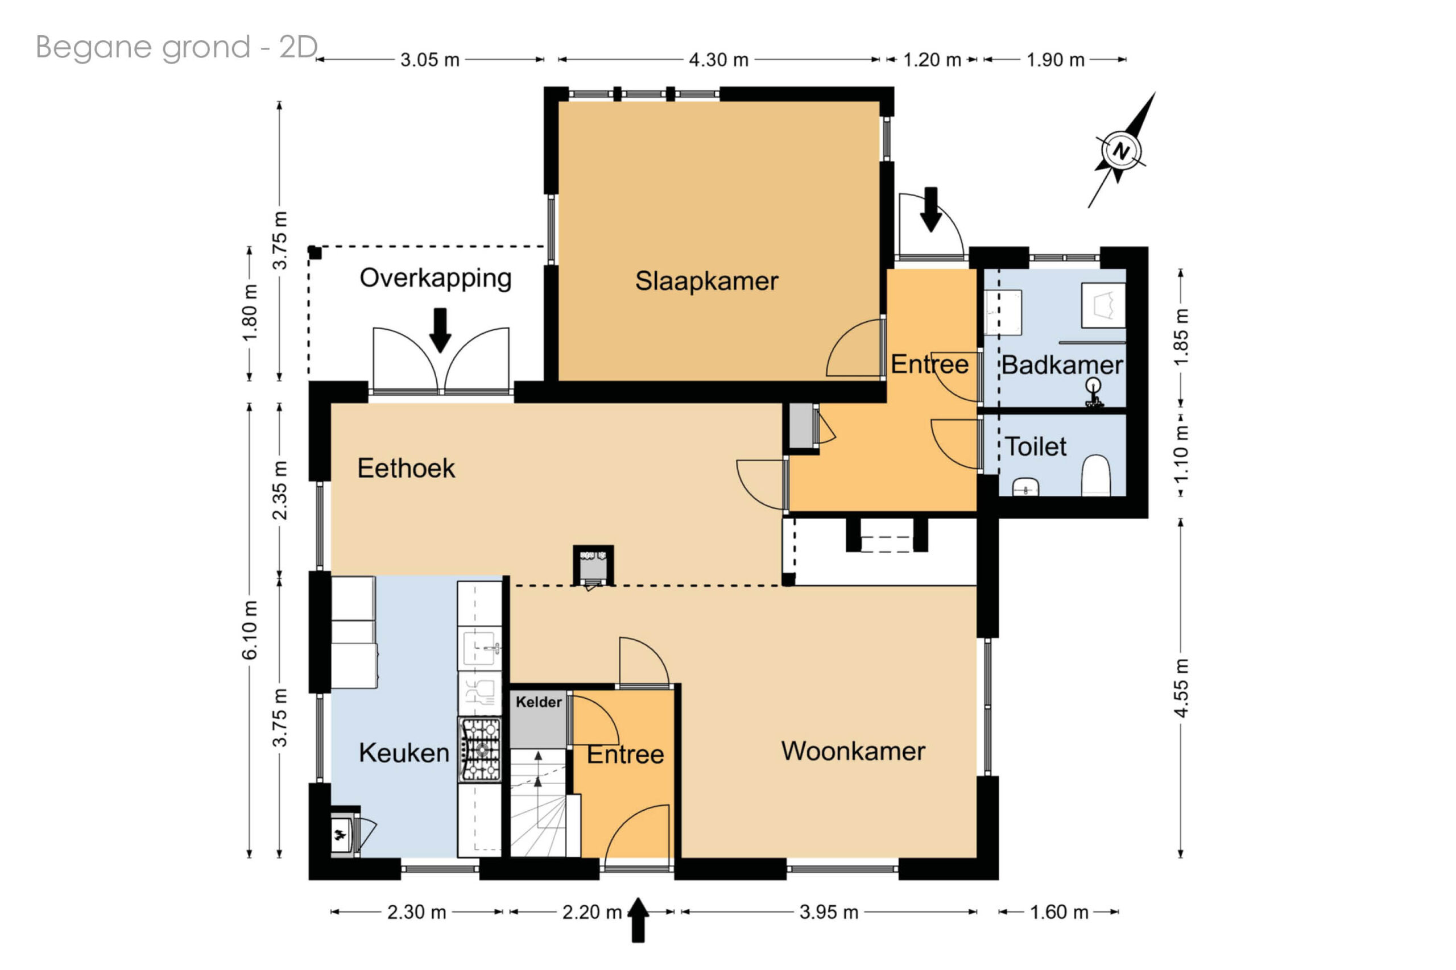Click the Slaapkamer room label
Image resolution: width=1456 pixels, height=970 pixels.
point(706,281)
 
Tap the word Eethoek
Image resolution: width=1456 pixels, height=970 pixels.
point(406,469)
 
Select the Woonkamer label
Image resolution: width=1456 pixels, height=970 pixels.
point(853,751)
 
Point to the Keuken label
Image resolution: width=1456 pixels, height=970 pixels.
point(404,753)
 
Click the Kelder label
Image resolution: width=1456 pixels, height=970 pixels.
point(539,702)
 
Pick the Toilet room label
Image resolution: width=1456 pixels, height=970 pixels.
point(1035,447)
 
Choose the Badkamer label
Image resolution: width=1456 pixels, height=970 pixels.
point(1062,365)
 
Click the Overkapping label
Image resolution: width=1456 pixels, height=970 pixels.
point(436,279)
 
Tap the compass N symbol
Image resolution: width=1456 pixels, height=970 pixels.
point(1120,150)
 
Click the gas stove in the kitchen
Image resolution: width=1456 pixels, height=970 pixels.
point(479,750)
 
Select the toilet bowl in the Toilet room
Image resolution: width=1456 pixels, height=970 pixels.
point(1095,475)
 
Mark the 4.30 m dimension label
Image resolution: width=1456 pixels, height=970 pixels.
point(718,60)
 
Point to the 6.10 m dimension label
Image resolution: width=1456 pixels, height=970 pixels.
point(249,630)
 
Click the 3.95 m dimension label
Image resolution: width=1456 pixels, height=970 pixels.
point(829,912)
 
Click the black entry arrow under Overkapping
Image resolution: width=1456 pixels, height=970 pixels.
point(440,330)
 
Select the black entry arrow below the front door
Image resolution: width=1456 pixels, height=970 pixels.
point(638,921)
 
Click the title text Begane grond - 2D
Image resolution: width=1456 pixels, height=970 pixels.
point(177,47)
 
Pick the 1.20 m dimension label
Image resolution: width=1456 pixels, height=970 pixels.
point(932,60)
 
